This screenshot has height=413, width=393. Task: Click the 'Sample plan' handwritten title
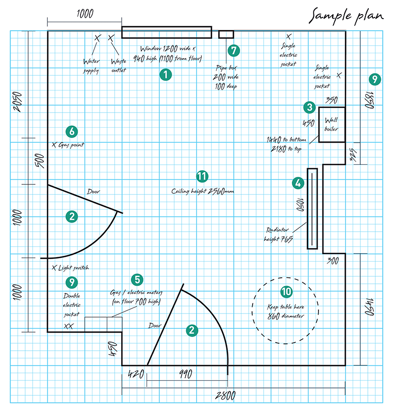coord(347,16)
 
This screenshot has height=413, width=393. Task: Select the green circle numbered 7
coord(233,51)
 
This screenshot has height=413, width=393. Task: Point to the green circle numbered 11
coord(202,176)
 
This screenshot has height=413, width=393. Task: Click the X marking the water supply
coord(98,38)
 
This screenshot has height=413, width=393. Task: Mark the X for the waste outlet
coord(112,38)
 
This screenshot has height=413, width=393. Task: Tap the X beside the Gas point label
coord(54,145)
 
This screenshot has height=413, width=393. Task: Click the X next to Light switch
coord(54,268)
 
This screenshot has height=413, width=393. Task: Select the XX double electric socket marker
coord(68,326)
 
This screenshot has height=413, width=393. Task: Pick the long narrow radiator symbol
coord(312,208)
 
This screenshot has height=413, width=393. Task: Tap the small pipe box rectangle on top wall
coord(226,34)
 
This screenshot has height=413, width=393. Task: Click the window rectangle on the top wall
coord(167,33)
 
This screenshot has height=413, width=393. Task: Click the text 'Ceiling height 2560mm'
coord(203,191)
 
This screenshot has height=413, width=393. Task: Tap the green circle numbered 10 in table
coord(286,291)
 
